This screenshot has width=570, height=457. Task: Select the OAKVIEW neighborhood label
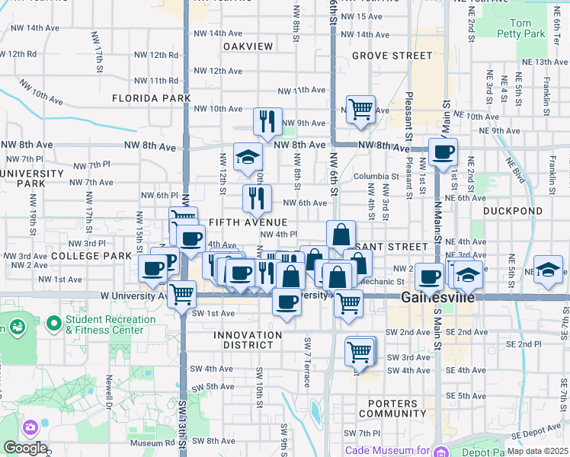tap(248, 46)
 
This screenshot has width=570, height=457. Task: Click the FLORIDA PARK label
tap(151, 98)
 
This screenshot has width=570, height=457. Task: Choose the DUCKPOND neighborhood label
tap(513, 211)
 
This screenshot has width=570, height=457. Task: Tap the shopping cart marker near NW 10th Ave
tap(360, 108)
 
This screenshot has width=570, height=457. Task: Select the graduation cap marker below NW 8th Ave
tap(248, 157)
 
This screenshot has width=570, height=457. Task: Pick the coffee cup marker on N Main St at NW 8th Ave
tap(443, 152)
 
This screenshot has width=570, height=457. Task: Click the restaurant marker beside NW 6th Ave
tap(257, 199)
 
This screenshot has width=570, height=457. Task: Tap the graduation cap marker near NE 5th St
tap(548, 270)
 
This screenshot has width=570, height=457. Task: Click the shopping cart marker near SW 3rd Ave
tap(360, 351)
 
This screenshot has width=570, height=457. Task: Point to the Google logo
tap(24, 448)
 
